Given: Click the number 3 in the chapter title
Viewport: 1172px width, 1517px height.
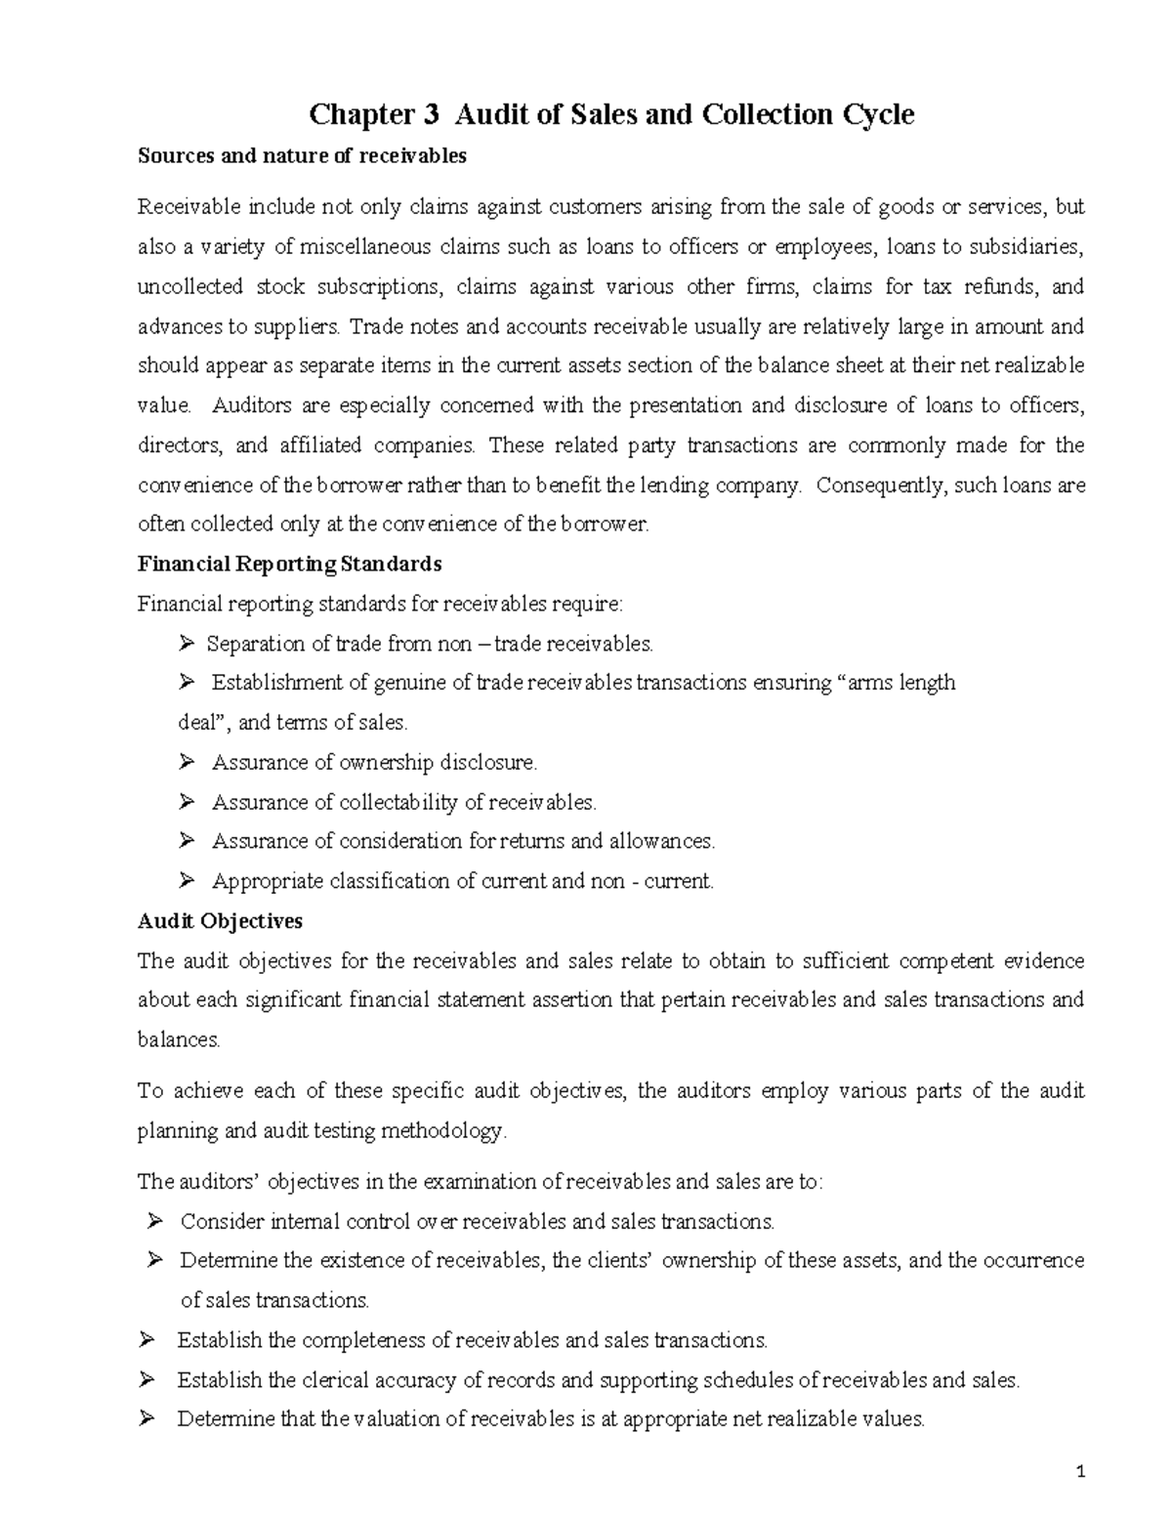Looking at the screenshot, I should click(x=432, y=115).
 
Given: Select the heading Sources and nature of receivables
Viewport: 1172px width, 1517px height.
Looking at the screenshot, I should click(x=302, y=156).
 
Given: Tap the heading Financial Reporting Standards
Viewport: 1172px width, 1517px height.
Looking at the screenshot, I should click(x=289, y=564).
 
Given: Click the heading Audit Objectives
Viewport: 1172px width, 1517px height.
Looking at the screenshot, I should click(x=220, y=921).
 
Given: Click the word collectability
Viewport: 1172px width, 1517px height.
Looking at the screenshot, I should click(x=398, y=803).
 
